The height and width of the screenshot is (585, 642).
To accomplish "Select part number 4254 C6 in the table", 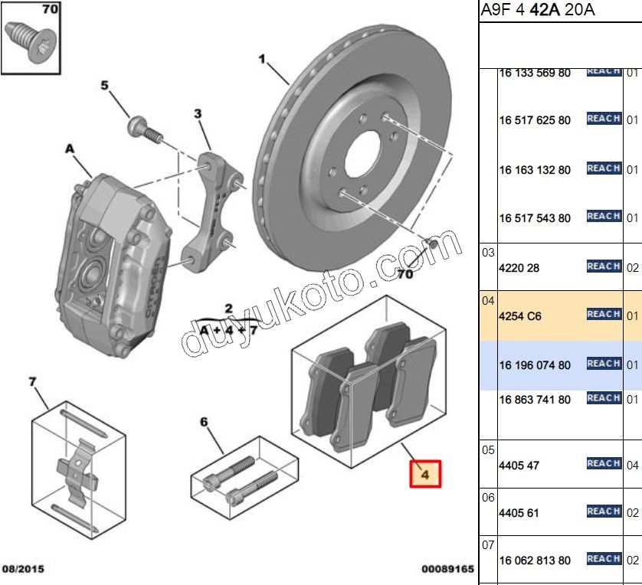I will coord(520,315).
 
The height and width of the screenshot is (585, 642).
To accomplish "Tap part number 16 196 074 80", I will coord(535,365).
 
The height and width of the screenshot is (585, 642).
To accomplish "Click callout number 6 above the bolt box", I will coord(204,422).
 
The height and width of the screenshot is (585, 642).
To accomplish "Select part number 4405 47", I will coord(519,465).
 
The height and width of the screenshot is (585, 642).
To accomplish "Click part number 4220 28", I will coord(519,268).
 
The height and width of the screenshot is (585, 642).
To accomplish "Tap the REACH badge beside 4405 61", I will coord(603,511).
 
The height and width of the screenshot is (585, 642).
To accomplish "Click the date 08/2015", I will coord(23,570).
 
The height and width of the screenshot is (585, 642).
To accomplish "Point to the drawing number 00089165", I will coord(448,570).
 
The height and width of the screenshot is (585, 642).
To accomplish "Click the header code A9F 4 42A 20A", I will coord(537,10).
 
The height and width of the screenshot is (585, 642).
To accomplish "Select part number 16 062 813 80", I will coord(535,560).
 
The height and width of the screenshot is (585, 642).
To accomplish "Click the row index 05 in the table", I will coord(488,450).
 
